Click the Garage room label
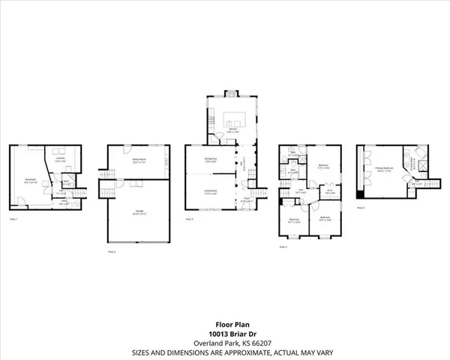pyautogui.click(x=139, y=211)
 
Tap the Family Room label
pyautogui.click(x=139, y=160)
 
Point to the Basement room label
pyautogui.click(x=31, y=180)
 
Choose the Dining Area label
pyautogui.click(x=211, y=160)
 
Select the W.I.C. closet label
pyautogui.click(x=329, y=190)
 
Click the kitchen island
pyautogui.click(x=234, y=120)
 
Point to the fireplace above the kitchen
pyautogui.click(x=231, y=94)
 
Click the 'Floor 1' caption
pyautogui.click(x=13, y=218)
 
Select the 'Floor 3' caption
pyautogui.click(x=190, y=218)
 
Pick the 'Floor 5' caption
pyautogui.click(x=361, y=207)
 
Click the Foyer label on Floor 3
pyautogui.click(x=244, y=199)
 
